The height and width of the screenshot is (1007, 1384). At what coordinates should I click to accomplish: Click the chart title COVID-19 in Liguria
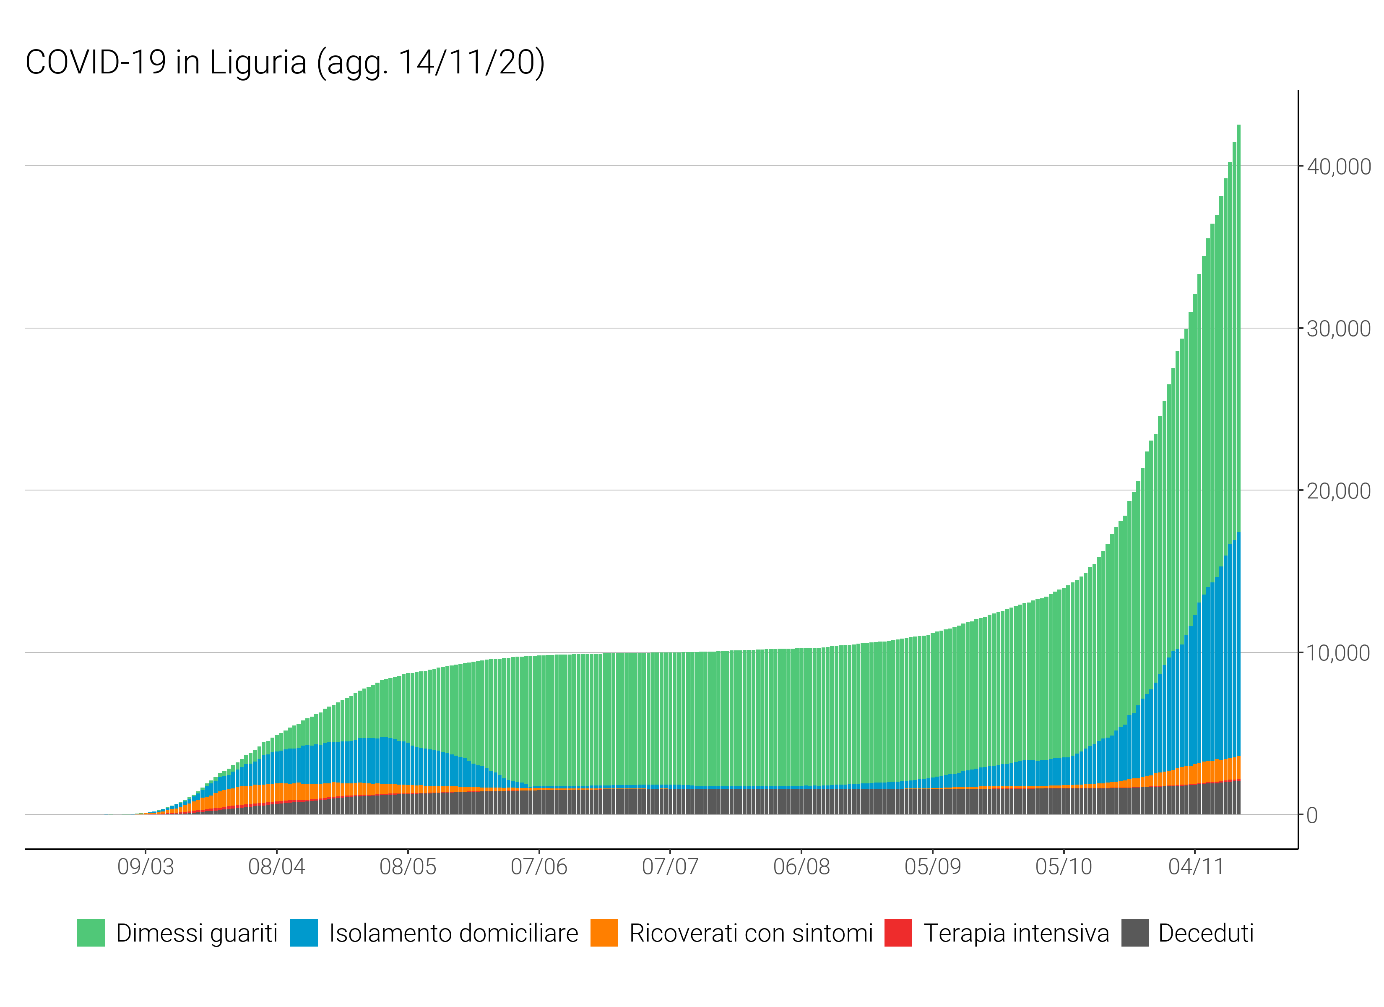(284, 63)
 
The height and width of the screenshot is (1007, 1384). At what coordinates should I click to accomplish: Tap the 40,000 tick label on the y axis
(1338, 167)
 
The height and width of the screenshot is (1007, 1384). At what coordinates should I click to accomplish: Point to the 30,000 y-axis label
(1338, 329)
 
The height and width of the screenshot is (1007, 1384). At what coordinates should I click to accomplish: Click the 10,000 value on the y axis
(1338, 653)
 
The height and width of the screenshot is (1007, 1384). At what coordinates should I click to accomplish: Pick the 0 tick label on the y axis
(1312, 816)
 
